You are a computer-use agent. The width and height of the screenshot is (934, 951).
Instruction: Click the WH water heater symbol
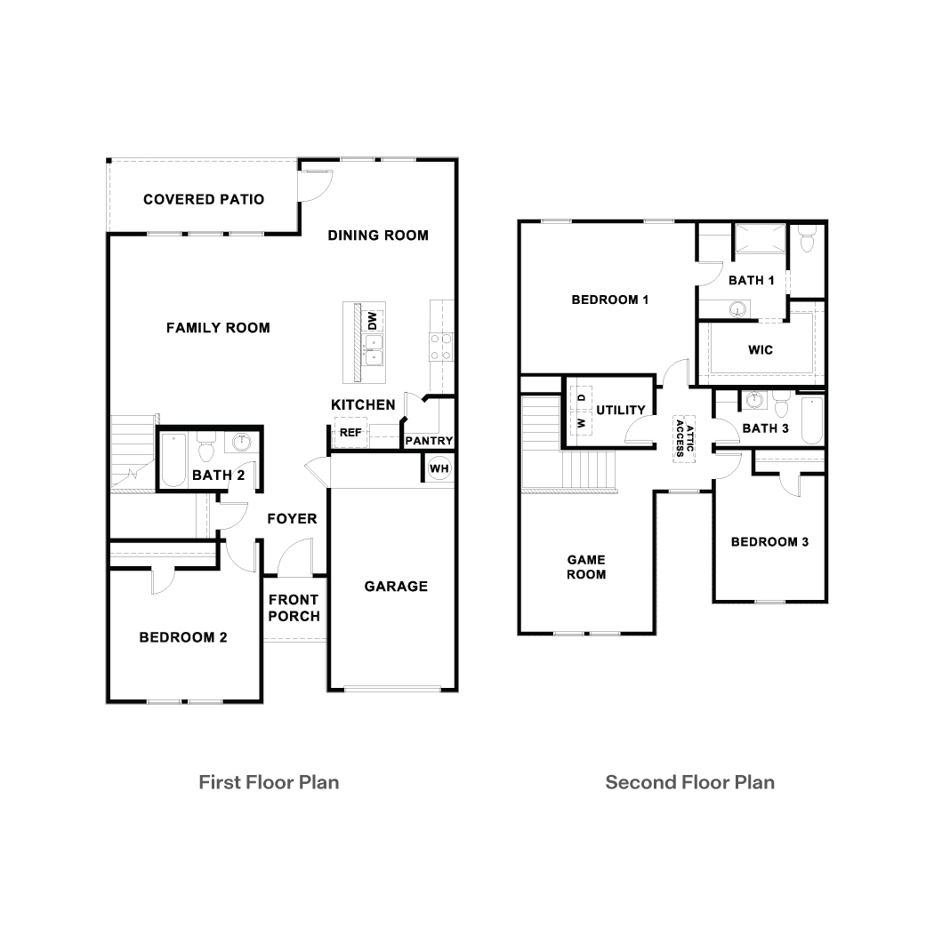point(439,468)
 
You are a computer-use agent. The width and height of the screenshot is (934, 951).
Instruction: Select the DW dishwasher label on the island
point(374,319)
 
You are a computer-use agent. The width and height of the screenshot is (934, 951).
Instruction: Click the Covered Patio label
point(204,199)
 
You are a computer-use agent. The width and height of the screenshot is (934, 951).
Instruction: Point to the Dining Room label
point(378,236)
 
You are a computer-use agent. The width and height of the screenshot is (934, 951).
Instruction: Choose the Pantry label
point(429,441)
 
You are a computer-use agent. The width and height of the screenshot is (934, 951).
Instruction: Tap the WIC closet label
point(761,349)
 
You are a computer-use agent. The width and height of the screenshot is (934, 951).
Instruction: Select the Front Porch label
point(294,608)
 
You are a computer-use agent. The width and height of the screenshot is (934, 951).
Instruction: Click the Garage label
point(396,586)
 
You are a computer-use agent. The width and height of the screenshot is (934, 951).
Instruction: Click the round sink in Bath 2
point(241,443)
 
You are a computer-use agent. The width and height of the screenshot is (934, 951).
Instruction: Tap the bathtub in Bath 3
point(812,422)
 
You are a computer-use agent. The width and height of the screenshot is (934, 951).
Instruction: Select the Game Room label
point(586,567)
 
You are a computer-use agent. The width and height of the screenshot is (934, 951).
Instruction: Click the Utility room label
point(621,410)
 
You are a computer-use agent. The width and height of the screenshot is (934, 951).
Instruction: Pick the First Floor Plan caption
point(269,782)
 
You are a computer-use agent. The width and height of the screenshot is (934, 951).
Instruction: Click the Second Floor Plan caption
point(689,782)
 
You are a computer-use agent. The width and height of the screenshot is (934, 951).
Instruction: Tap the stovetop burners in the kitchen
point(440,346)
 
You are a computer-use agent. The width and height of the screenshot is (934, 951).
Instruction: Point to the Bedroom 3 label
point(769,541)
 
